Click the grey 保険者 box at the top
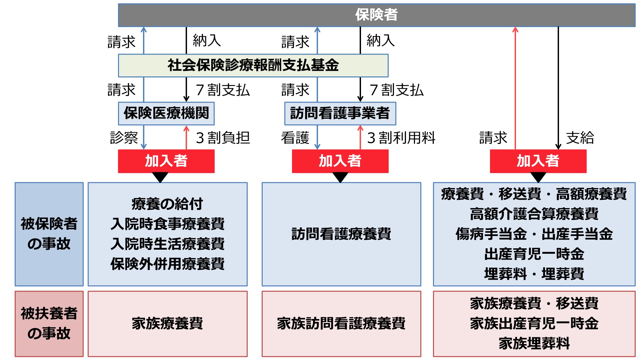377,15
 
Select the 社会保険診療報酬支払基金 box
253,65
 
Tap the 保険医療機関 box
166,113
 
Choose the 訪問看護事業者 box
340,113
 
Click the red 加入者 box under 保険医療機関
166,161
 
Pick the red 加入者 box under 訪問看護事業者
340,161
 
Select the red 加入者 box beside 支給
538,161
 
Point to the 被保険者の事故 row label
49,234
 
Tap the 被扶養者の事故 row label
49,323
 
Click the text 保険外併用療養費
167,264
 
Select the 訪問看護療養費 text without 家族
341,234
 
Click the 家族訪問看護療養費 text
341,323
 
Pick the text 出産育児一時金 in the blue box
534,254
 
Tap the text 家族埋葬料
534,343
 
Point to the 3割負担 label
223,138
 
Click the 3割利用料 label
401,138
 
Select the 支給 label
580,138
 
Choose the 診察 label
124,138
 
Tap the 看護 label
295,138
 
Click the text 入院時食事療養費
167,224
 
